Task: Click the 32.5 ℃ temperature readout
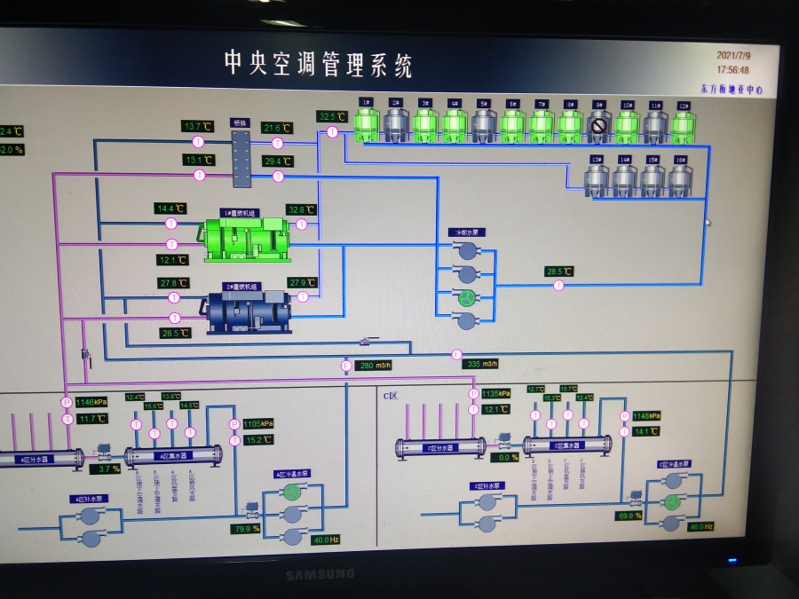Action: (x=331, y=116)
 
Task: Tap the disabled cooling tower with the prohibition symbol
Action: (x=598, y=127)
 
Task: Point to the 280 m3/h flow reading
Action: (x=374, y=366)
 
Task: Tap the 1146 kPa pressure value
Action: (x=91, y=402)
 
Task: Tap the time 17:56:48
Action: (x=732, y=69)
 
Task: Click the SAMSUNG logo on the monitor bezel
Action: (x=320, y=574)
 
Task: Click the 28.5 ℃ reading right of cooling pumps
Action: (x=559, y=272)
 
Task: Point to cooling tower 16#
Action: (x=680, y=178)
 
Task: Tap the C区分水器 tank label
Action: (x=439, y=447)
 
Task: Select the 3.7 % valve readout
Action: (x=108, y=469)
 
